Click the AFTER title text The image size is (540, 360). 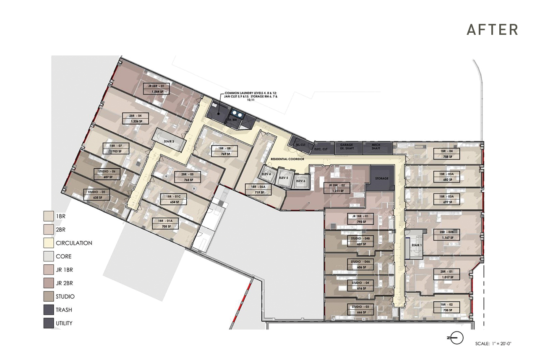pyautogui.click(x=492, y=30)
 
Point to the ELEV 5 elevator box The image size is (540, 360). pyautogui.click(x=284, y=178)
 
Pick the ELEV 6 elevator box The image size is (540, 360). pyautogui.click(x=300, y=181)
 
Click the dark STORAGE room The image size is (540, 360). pyautogui.click(x=381, y=178)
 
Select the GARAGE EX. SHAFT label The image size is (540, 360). pyautogui.click(x=346, y=146)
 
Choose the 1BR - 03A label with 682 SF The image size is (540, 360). pyautogui.click(x=449, y=177)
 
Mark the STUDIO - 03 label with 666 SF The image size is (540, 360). pyautogui.click(x=362, y=310)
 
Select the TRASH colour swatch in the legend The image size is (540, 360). pyautogui.click(x=49, y=310)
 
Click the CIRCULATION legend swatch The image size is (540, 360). pyautogui.click(x=49, y=243)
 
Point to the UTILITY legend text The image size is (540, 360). pyautogui.click(x=64, y=323)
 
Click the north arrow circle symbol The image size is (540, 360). pyautogui.click(x=457, y=337)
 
